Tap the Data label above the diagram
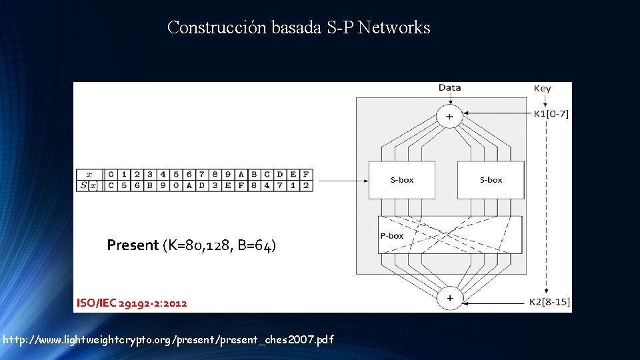(449, 88)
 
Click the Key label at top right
(542, 89)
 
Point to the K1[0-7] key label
(551, 114)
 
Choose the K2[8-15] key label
(551, 302)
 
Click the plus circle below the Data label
(449, 117)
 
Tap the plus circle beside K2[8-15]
(449, 298)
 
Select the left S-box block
(401, 179)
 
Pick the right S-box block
(491, 179)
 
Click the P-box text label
(392, 235)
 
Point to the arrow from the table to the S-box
(340, 180)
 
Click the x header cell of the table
(89, 175)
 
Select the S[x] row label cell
(89, 185)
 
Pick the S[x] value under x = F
(305, 185)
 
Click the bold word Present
(133, 245)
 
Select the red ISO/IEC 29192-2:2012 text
(131, 303)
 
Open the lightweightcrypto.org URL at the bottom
(168, 340)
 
